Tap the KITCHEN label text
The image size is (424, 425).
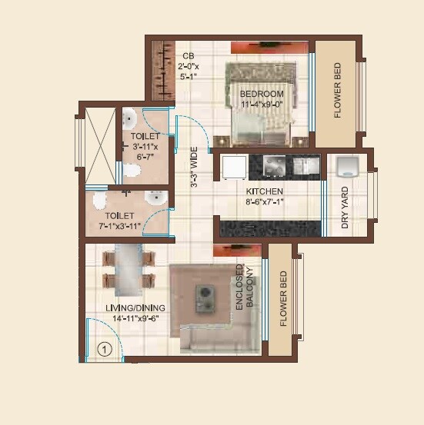(x=265, y=191)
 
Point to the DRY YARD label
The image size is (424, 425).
(x=345, y=208)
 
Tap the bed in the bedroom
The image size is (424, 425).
(x=259, y=104)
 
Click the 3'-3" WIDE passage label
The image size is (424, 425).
(x=195, y=166)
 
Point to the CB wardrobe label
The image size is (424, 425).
(x=187, y=55)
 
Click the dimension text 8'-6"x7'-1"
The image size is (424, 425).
(x=265, y=203)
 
